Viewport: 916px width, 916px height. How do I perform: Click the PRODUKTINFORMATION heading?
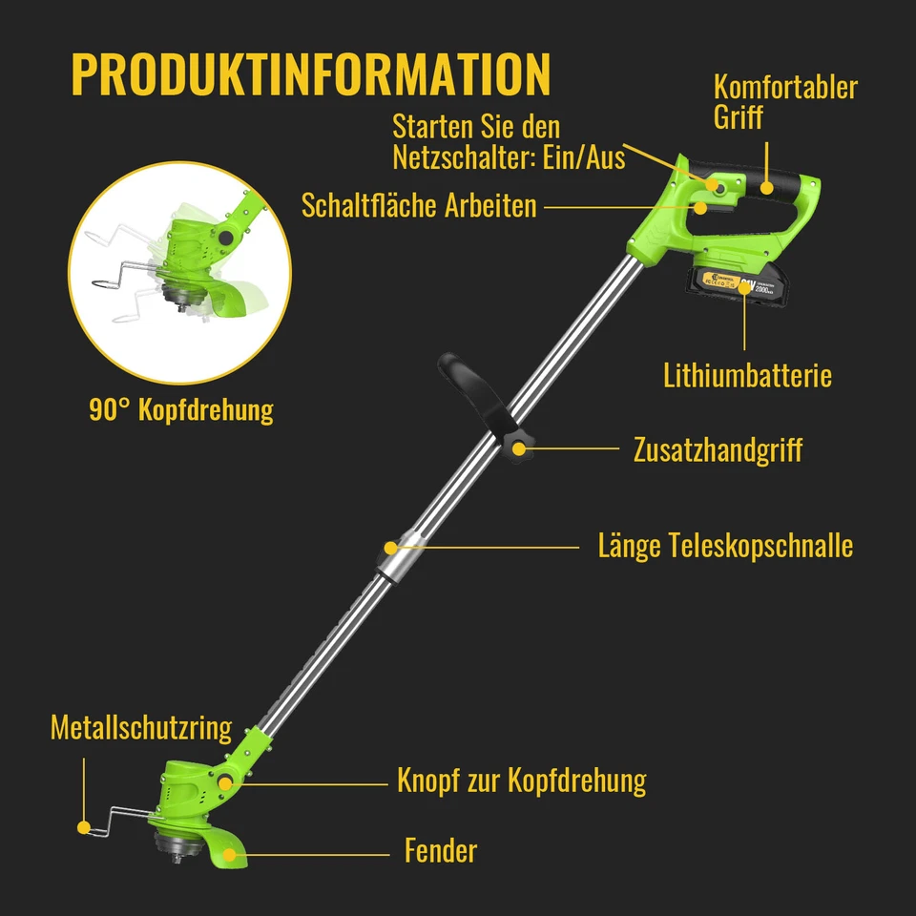[311, 74]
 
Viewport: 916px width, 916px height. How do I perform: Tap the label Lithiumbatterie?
[747, 375]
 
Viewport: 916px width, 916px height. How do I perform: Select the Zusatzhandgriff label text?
[718, 449]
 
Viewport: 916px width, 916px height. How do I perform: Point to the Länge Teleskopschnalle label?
[725, 547]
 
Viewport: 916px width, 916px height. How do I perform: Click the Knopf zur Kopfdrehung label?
[521, 781]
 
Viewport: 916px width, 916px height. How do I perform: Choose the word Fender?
[440, 850]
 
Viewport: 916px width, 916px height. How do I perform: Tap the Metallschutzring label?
[141, 728]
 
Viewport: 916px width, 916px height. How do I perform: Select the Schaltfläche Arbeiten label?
[419, 205]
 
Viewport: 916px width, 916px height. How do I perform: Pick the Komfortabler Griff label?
[785, 102]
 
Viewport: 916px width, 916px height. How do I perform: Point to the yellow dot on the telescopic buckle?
[390, 548]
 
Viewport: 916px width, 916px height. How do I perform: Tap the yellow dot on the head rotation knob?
[226, 782]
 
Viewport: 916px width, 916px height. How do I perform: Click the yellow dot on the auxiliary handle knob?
[519, 448]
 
